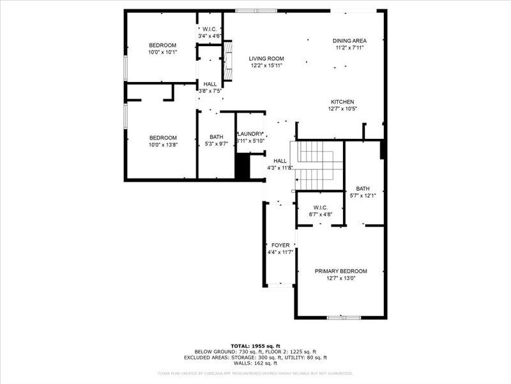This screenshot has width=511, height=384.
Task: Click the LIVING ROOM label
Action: pyautogui.click(x=266, y=58)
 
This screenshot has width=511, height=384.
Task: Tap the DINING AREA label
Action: pyautogui.click(x=349, y=40)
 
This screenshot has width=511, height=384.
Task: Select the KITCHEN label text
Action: pyautogui.click(x=342, y=102)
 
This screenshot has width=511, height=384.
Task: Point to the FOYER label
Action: pyautogui.click(x=280, y=245)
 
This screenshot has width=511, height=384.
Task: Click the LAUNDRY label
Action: pyautogui.click(x=250, y=134)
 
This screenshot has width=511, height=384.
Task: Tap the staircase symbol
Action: pyautogui.click(x=317, y=166)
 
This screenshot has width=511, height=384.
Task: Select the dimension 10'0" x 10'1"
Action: pyautogui.click(x=162, y=52)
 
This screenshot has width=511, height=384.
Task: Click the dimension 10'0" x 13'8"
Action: pyautogui.click(x=163, y=145)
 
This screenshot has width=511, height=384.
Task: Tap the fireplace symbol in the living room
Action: pyautogui.click(x=227, y=58)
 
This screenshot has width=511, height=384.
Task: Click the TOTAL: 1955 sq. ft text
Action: pyautogui.click(x=255, y=345)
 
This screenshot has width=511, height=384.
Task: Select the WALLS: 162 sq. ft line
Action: pyautogui.click(x=255, y=363)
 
